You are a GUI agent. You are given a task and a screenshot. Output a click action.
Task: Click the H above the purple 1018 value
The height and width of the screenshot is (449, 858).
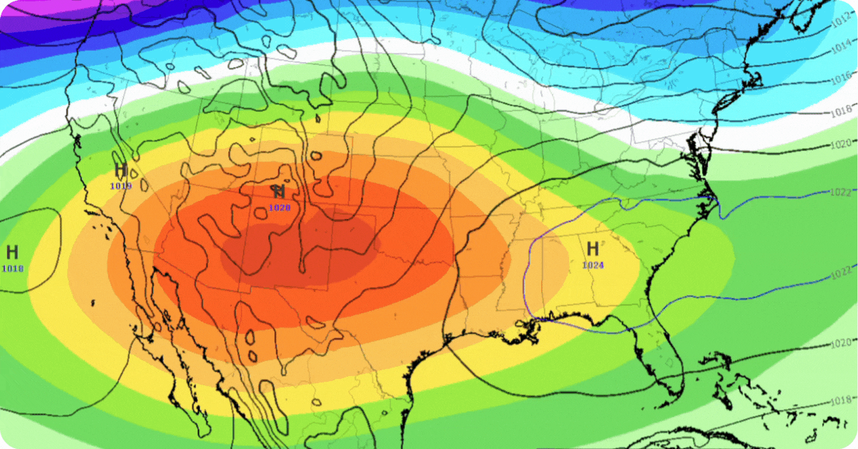[x=12, y=252]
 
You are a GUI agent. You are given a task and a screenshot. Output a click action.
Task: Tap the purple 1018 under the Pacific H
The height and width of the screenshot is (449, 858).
[x=12, y=268]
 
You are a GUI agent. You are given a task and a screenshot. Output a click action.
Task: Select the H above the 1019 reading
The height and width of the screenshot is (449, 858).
[x=120, y=170]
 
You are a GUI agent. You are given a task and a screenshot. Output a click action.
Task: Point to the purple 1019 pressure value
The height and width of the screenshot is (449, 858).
[x=120, y=186]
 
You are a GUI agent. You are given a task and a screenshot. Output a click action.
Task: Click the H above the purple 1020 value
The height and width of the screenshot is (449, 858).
[x=279, y=192]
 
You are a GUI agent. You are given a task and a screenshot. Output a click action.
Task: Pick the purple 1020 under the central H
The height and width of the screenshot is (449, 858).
[x=280, y=207]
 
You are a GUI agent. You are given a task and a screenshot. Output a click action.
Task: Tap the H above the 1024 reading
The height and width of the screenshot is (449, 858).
[x=593, y=249]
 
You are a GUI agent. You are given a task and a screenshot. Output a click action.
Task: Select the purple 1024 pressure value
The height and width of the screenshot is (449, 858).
[x=593, y=265]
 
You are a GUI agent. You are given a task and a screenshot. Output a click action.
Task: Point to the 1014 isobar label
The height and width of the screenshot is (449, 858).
[x=840, y=48]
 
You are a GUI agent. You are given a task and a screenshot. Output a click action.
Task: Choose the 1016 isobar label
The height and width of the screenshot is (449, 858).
[x=840, y=77]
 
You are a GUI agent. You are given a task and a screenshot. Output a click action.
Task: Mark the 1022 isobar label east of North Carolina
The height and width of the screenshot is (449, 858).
[x=840, y=193]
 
